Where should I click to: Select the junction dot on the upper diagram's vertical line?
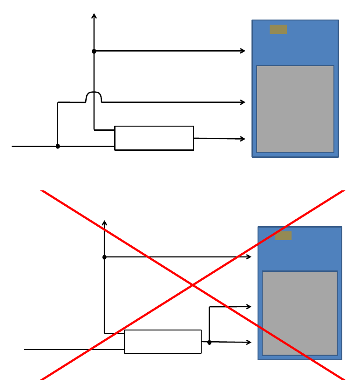coord(94,51)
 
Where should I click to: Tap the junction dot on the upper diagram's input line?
coord(58,146)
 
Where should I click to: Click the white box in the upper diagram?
coord(154,138)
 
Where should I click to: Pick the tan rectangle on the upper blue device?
coord(278,29)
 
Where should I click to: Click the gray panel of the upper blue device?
coord(295,109)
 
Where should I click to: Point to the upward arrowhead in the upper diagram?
coord(94,16)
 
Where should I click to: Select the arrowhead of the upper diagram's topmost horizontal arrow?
coord(243,51)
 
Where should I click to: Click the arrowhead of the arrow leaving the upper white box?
coord(243,139)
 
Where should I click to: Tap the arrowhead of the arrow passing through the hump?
coord(243,102)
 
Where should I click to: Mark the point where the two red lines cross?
coord(192,285)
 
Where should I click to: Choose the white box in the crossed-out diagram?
coord(163,342)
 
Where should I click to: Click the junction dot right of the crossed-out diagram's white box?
coord(209,342)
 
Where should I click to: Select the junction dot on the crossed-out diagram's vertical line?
coord(104,257)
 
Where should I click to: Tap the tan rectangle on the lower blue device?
coord(283,236)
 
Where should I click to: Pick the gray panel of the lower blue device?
coord(299,313)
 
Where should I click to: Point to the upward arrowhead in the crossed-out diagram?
coord(104,222)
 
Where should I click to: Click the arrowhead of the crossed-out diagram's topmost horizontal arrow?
coord(249,256)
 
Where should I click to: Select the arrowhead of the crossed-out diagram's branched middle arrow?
coord(249,306)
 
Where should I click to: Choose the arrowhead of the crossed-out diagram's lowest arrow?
coord(249,343)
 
